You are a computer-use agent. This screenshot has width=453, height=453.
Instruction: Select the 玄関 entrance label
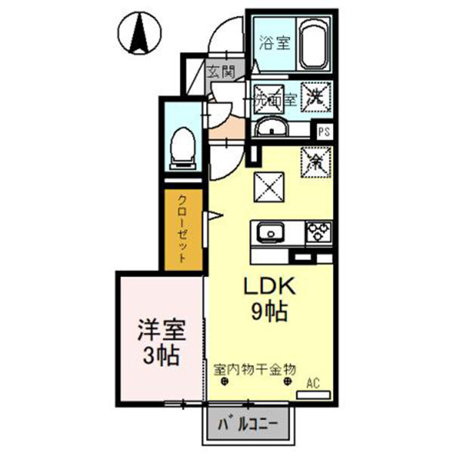[221, 72]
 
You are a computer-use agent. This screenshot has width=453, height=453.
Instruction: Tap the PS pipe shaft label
[324, 131]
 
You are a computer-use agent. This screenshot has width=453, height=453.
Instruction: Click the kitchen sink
[270, 232]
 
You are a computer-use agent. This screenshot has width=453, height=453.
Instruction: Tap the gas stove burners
[317, 231]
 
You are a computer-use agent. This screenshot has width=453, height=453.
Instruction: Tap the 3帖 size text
[161, 355]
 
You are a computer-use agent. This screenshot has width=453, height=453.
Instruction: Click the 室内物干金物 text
[254, 369]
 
